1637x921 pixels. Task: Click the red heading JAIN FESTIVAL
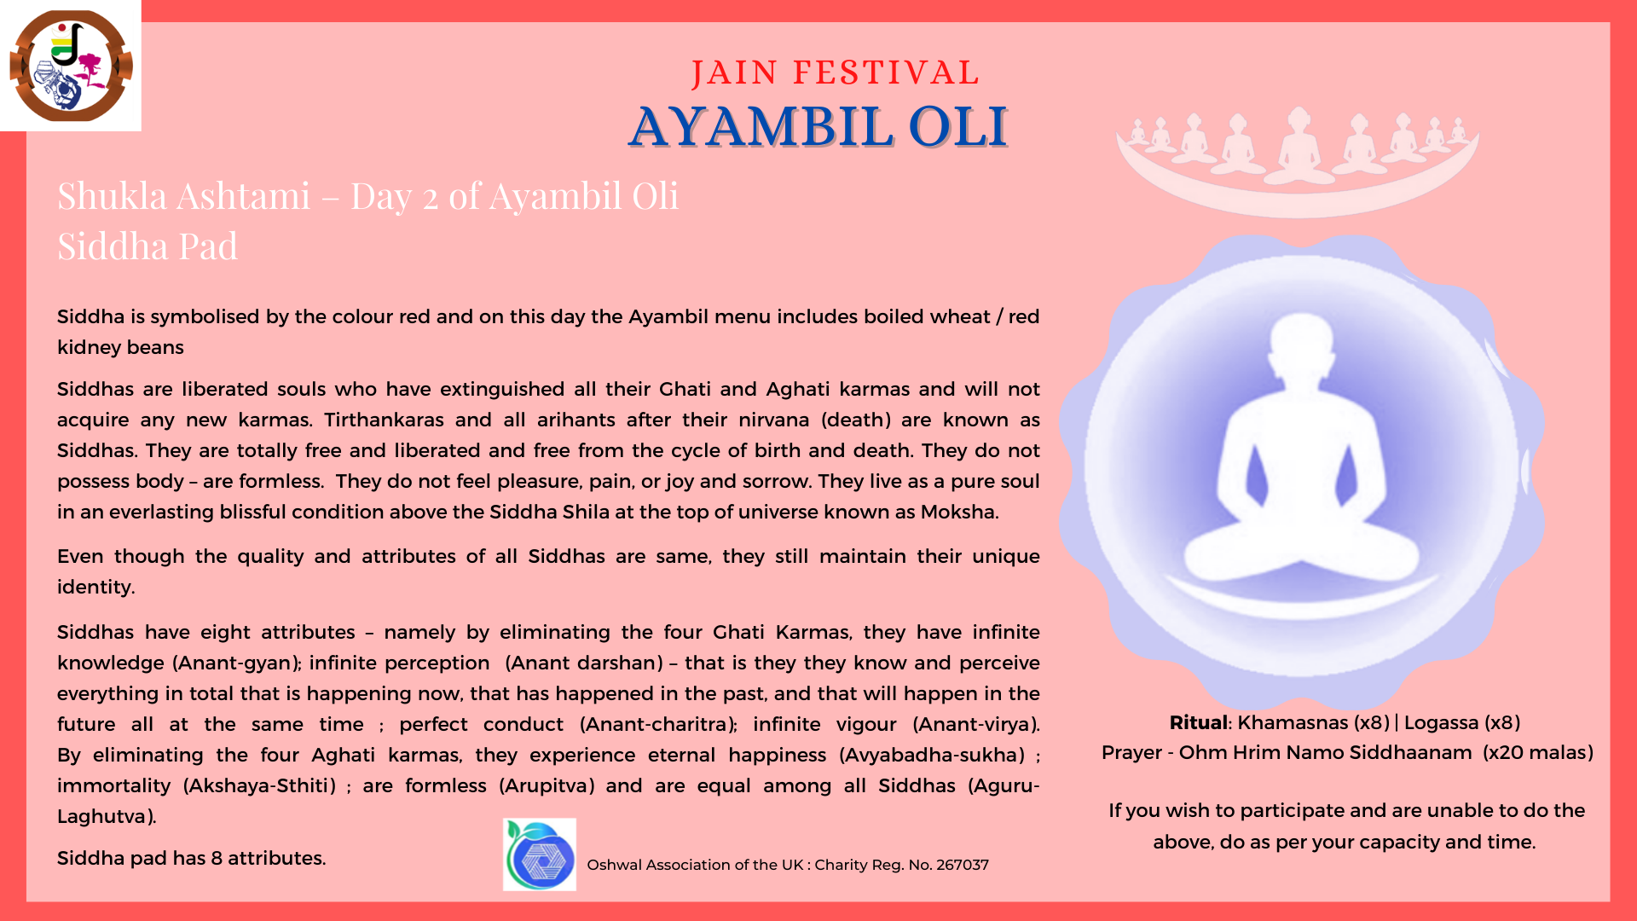836,73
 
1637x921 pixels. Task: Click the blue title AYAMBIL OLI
818,126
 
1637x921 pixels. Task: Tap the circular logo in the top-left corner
71,66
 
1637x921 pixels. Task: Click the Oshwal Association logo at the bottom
540,854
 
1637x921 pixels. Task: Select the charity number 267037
963,865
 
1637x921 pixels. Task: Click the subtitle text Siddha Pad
148,246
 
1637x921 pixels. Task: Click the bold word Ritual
1199,723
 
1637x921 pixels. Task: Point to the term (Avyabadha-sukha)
932,756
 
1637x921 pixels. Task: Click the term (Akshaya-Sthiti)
260,786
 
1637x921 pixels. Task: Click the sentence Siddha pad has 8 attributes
192,859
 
